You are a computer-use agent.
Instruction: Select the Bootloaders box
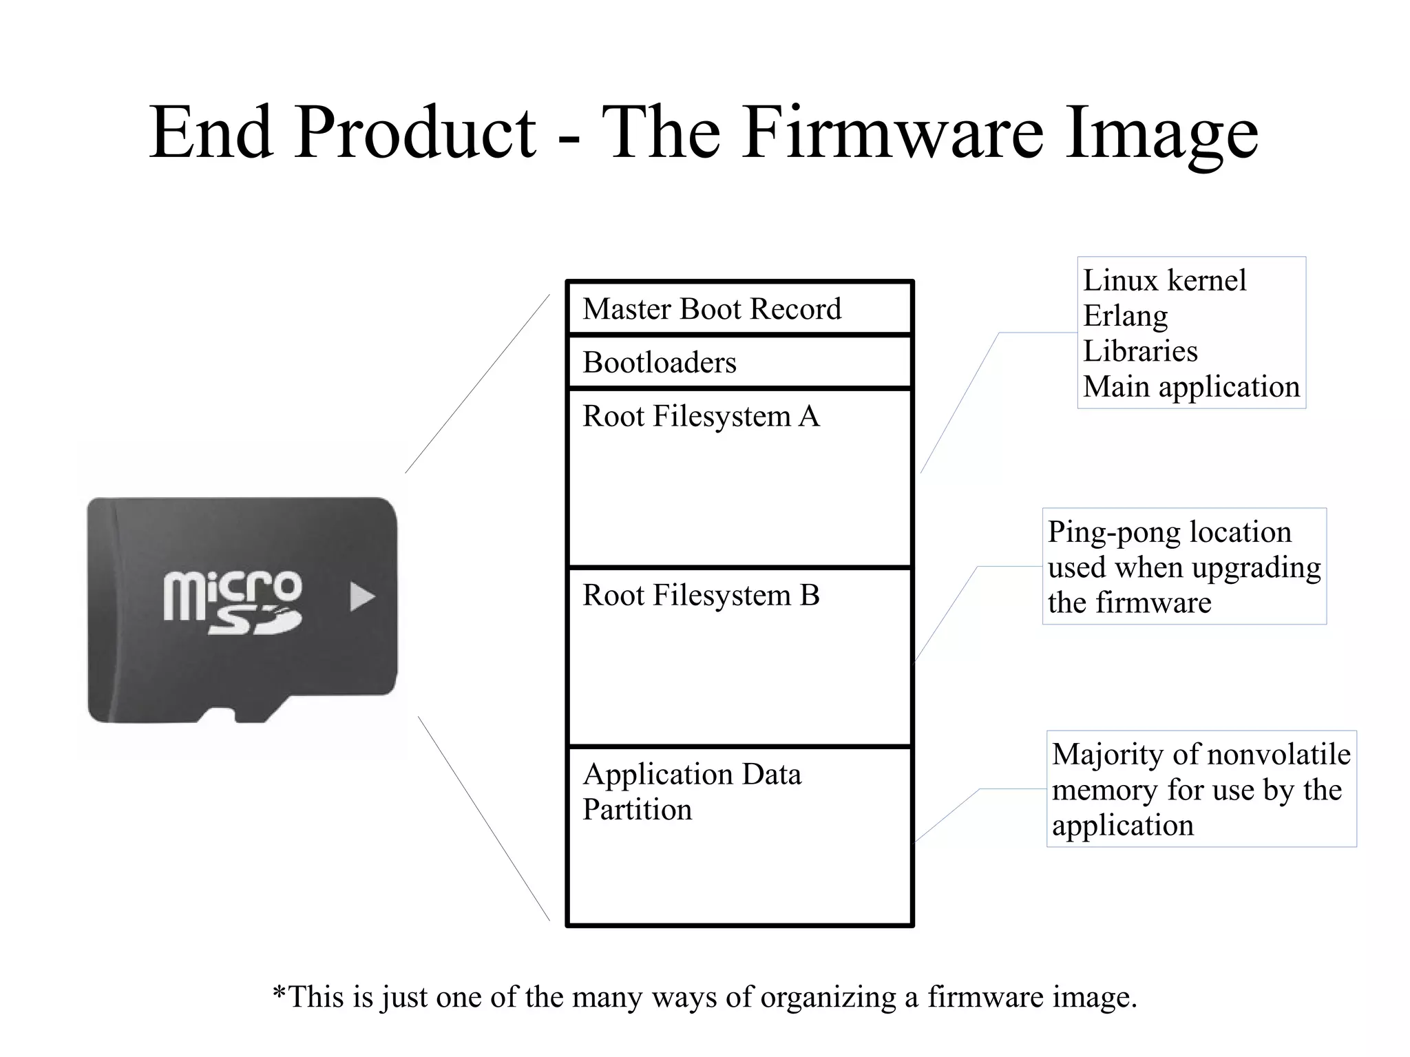(739, 362)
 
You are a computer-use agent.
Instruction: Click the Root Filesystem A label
(701, 417)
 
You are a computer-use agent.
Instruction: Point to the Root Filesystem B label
(701, 596)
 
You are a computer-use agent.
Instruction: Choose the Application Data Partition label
(691, 792)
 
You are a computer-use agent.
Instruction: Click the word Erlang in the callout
(1125, 316)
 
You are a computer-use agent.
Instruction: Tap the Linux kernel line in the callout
(1164, 281)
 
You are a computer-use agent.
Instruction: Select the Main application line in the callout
(1191, 387)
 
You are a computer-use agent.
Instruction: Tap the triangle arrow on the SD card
(361, 597)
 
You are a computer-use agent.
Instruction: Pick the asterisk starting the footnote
(279, 994)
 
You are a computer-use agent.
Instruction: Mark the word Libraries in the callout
(1140, 352)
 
